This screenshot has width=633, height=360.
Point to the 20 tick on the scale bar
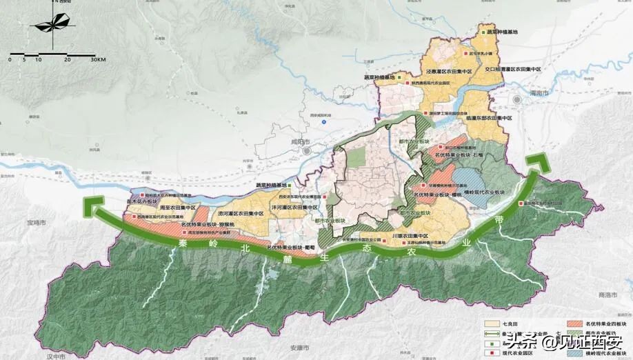pyautogui.click(x=68, y=60)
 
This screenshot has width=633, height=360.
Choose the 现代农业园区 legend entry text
pyautogui.click(x=519, y=352)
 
